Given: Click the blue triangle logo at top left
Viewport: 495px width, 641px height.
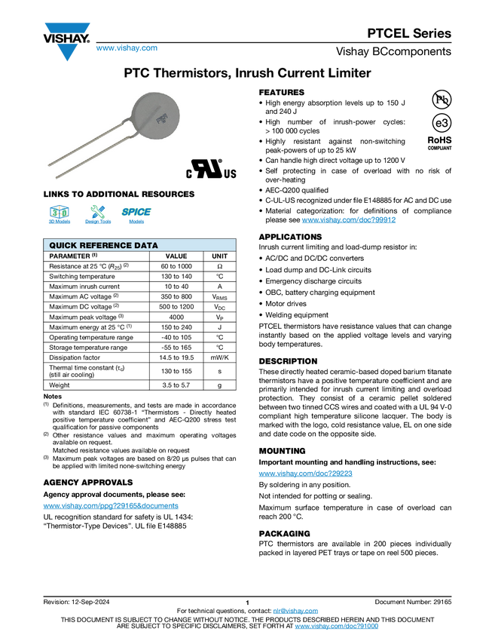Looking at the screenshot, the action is click(68, 54).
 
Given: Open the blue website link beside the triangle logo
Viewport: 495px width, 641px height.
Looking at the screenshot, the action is click(127, 49).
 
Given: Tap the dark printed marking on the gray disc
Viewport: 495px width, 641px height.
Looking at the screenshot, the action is click(161, 118).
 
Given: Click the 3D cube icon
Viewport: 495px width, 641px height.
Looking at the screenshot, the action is click(59, 211).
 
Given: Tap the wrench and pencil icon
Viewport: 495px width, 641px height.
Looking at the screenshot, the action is click(97, 211).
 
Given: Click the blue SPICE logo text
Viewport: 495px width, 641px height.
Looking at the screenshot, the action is click(136, 212).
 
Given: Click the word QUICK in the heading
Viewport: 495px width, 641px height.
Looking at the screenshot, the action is click(65, 246).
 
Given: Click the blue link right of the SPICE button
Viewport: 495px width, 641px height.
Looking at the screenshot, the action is click(349, 220).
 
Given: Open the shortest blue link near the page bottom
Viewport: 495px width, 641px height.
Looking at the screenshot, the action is click(295, 612).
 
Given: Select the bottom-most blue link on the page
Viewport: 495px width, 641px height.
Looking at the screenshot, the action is click(336, 627).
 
